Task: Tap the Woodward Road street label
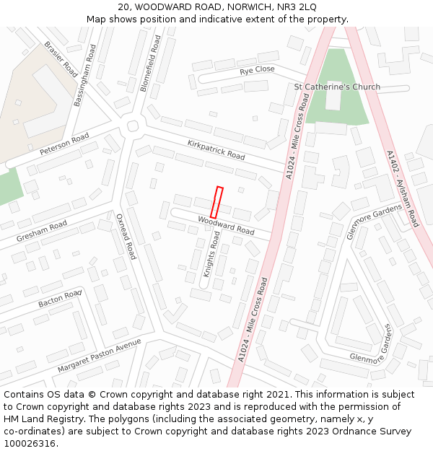pos(226,227)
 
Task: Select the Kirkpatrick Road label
pos(216,149)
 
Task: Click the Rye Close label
pos(258,70)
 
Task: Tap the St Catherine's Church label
pos(337,87)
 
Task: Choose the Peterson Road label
pos(64,144)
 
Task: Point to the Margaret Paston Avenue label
pos(99,356)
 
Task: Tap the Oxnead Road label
pos(126,236)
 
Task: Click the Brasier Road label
pos(61,59)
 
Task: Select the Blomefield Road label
pos(149,64)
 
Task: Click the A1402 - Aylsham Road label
pos(403,189)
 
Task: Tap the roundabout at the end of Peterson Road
pos(132,126)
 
